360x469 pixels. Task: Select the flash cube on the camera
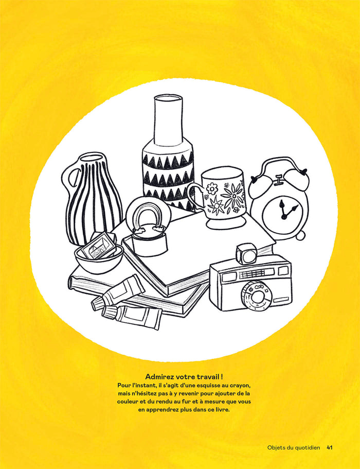pos(246,254)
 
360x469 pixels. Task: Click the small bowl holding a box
pos(99,259)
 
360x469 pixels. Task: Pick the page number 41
pos(330,448)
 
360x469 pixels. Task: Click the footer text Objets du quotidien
pos(294,448)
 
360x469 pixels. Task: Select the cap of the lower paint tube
pos(109,313)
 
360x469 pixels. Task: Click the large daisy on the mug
pos(233,195)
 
